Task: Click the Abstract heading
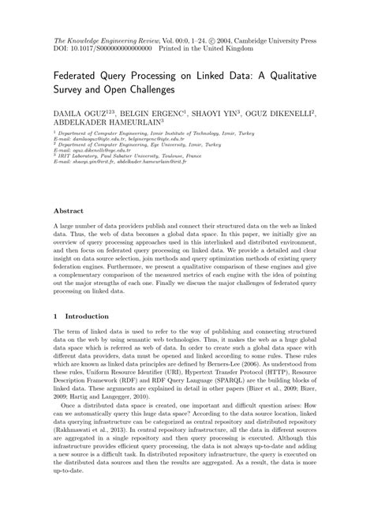click(69, 212)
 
